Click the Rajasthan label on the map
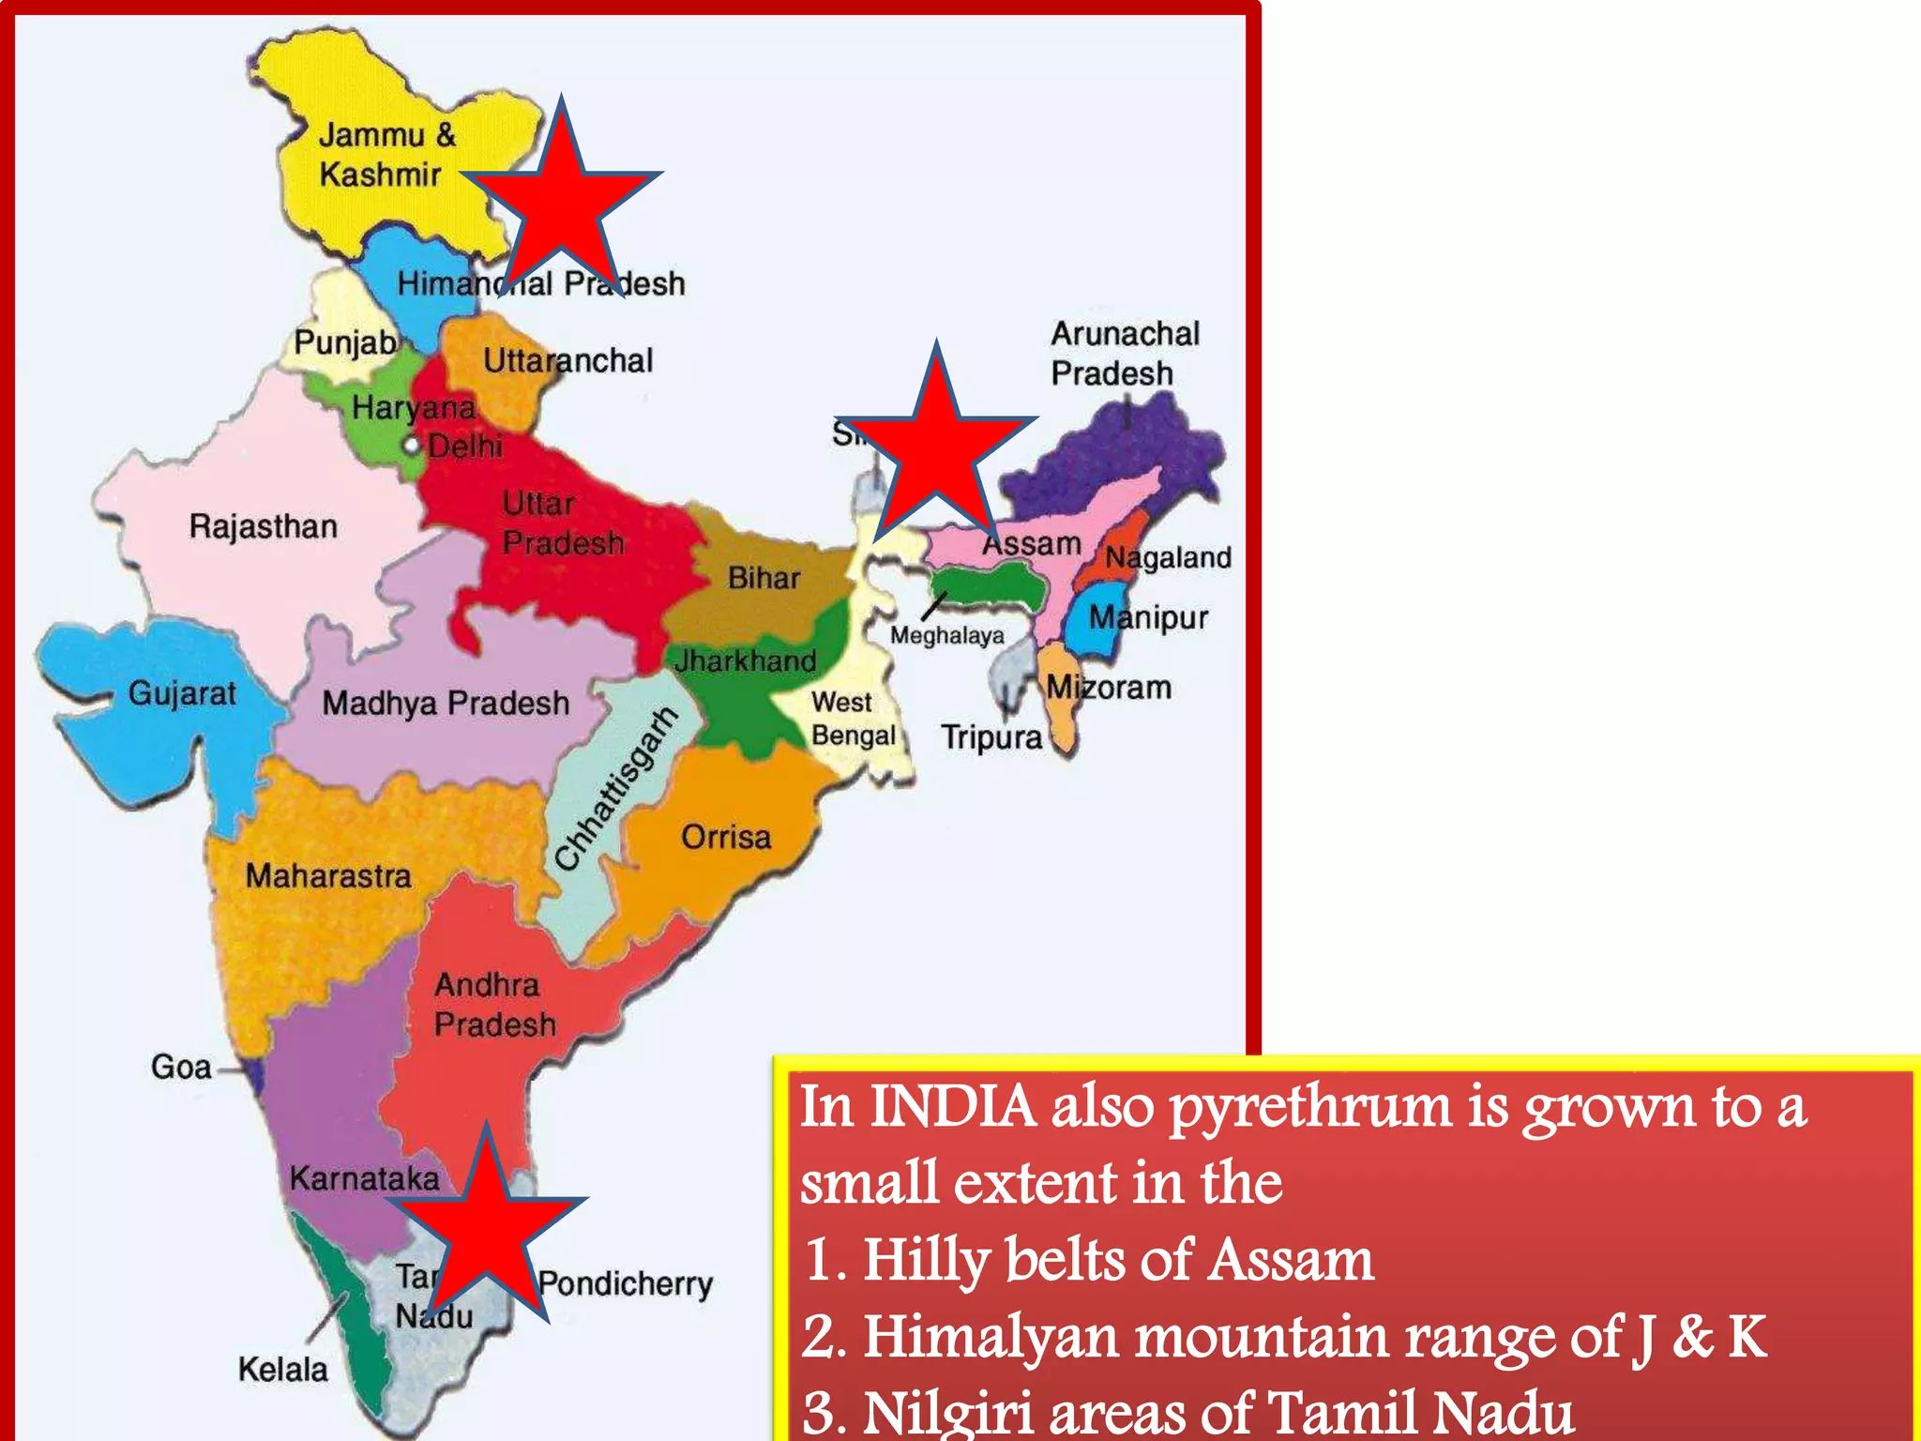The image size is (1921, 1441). click(x=263, y=526)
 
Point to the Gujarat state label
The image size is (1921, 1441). click(x=182, y=693)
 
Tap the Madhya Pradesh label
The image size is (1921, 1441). click(x=446, y=703)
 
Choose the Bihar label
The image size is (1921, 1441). click(x=764, y=578)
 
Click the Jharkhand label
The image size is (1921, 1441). click(x=746, y=660)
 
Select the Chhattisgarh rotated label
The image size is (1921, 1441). click(x=615, y=789)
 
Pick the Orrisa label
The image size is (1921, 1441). click(x=726, y=836)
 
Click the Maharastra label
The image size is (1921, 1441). click(x=328, y=875)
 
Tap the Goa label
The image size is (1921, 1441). click(x=181, y=1067)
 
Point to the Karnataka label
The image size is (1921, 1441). click(x=364, y=1177)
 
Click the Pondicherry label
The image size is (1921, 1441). click(x=626, y=1283)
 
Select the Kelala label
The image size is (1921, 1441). click(x=282, y=1370)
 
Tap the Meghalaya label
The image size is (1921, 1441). click(x=946, y=636)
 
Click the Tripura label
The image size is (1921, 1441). click(x=991, y=737)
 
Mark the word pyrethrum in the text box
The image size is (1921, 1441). click(x=1310, y=1108)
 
